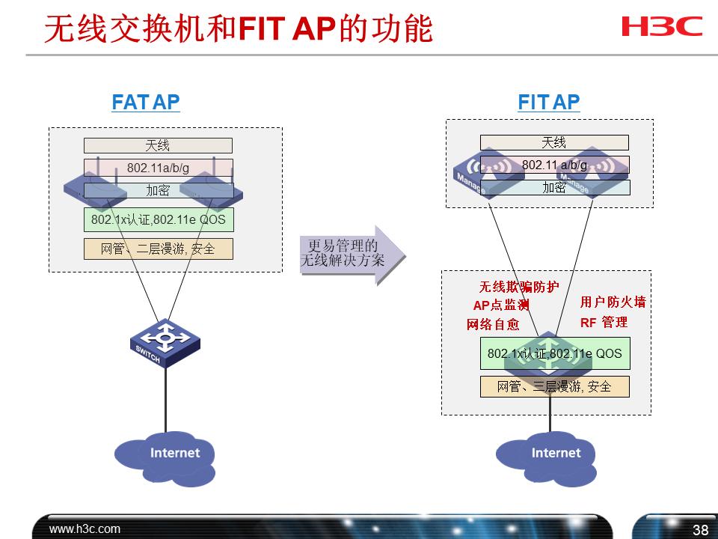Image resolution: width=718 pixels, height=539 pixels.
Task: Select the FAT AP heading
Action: [x=146, y=103]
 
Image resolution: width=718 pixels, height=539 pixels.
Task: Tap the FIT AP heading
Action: [x=548, y=103]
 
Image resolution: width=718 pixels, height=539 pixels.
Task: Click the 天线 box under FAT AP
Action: [x=158, y=146]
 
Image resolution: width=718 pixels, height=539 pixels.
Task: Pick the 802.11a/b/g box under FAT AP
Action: [x=158, y=168]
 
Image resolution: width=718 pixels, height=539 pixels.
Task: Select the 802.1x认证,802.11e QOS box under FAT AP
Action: [x=158, y=220]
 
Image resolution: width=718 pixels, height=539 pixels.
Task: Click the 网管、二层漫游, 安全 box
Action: [x=158, y=249]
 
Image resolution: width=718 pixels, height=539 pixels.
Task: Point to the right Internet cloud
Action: [x=547, y=454]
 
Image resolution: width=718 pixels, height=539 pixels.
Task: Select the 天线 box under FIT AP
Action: [x=554, y=142]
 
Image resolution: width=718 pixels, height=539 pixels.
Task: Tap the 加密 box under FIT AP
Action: [x=554, y=188]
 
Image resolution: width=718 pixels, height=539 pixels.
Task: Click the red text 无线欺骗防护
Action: [x=518, y=287]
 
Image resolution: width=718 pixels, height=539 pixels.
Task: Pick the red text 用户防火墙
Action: [x=613, y=302]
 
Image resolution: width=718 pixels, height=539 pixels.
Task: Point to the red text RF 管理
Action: [x=604, y=323]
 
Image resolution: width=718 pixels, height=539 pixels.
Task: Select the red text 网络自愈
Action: [x=493, y=325]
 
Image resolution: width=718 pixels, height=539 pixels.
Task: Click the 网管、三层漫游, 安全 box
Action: [x=554, y=386]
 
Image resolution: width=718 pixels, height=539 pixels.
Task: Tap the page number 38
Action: [x=700, y=530]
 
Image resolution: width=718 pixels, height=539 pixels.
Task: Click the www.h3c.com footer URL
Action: [x=85, y=529]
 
